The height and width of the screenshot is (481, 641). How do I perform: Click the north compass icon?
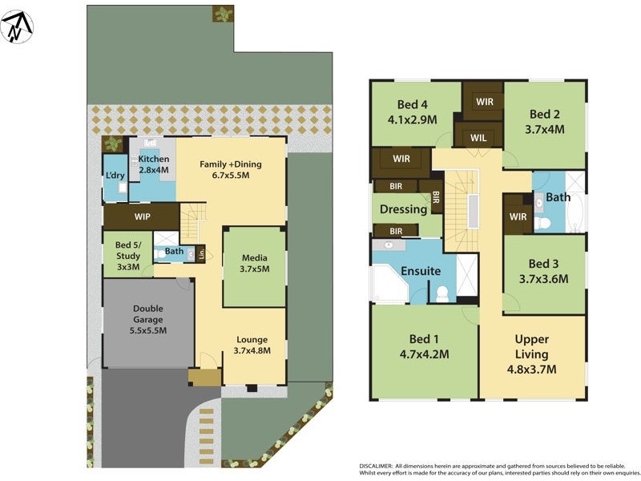click(17, 27)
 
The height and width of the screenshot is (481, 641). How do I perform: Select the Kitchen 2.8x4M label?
click(154, 165)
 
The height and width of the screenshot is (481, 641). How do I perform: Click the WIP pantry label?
click(143, 216)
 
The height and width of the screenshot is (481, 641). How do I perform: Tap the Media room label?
click(254, 264)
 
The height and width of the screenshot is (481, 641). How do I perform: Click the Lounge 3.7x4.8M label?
click(252, 345)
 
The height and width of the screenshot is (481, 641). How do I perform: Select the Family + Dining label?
click(231, 170)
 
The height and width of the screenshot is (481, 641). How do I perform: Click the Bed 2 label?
click(544, 121)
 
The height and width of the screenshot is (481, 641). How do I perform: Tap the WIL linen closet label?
click(478, 138)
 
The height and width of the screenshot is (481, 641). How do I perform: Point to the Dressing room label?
click(403, 209)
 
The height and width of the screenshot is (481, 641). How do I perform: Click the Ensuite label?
click(421, 271)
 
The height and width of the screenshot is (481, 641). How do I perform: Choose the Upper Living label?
click(531, 354)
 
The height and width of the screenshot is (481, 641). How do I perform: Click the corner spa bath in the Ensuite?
click(388, 285)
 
